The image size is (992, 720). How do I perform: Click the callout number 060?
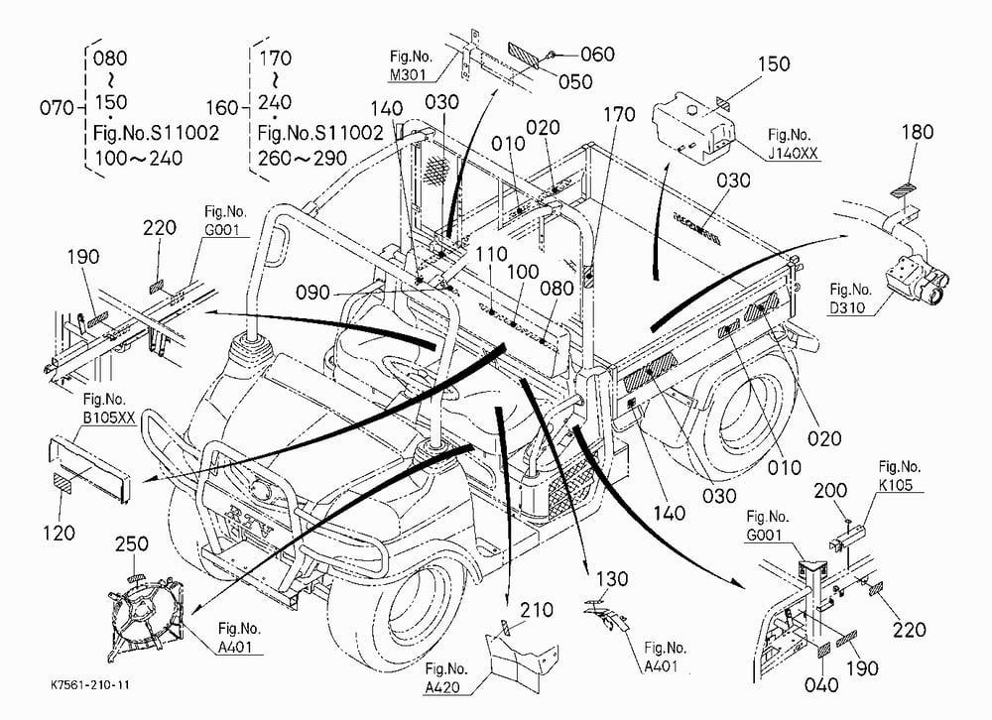click(x=597, y=55)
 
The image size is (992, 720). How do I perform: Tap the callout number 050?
click(x=575, y=81)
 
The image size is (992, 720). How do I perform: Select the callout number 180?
click(x=918, y=132)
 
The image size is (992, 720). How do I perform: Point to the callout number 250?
click(x=132, y=543)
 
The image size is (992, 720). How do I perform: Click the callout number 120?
click(x=59, y=533)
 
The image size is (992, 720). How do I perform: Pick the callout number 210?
click(x=537, y=610)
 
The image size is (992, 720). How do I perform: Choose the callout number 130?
click(x=612, y=579)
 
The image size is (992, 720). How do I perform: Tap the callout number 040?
click(x=821, y=684)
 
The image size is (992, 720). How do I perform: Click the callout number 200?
click(x=830, y=490)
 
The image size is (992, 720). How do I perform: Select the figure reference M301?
click(x=408, y=75)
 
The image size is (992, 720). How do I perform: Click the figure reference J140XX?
click(x=793, y=153)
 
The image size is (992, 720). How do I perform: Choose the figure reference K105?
click(x=900, y=485)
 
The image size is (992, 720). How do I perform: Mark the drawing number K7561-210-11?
click(x=90, y=685)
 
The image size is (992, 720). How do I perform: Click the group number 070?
click(x=57, y=107)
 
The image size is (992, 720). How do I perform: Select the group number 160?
click(x=222, y=107)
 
